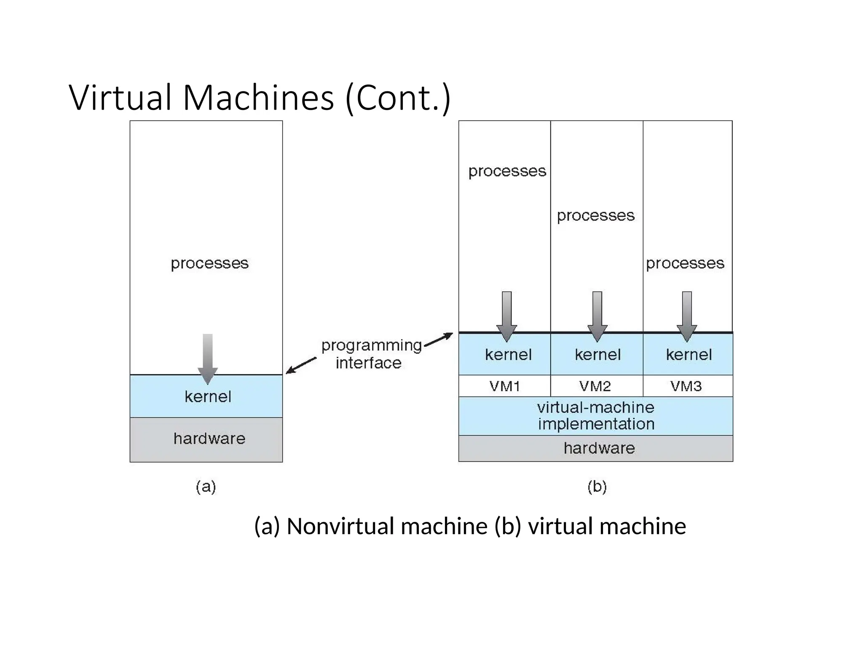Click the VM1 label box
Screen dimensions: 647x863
tap(504, 386)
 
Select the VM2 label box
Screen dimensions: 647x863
tap(596, 386)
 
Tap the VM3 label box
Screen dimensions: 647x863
tap(687, 386)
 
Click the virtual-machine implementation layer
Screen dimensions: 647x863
tap(595, 416)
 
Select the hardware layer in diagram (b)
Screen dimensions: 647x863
tap(595, 448)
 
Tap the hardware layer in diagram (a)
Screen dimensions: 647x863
tap(206, 439)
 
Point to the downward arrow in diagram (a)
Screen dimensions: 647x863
tap(208, 358)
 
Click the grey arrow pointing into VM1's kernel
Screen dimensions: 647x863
tap(507, 316)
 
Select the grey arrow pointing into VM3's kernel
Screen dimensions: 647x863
tap(687, 316)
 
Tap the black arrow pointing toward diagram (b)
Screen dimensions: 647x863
tap(439, 340)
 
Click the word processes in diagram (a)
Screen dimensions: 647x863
tap(209, 263)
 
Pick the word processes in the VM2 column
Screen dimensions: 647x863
tap(595, 216)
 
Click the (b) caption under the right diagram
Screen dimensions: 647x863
tap(597, 487)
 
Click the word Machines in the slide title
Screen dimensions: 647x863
tap(258, 98)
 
